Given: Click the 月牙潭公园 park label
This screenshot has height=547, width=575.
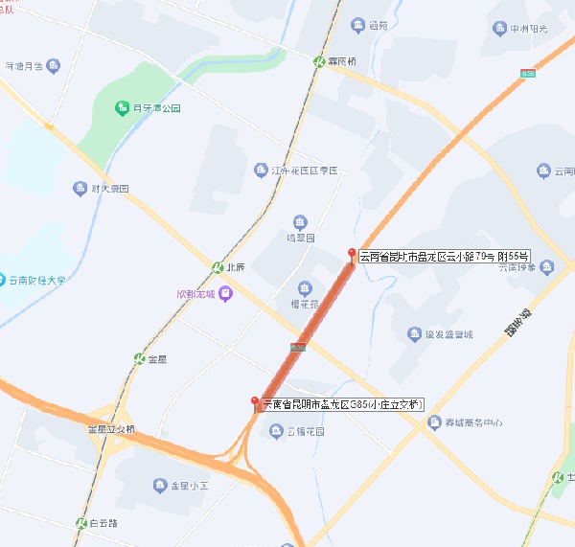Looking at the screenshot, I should pyautogui.click(x=157, y=108).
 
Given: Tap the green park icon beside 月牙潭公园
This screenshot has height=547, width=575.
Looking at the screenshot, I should pyautogui.click(x=122, y=107).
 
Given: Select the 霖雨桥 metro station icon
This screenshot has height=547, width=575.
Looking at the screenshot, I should pyautogui.click(x=320, y=60).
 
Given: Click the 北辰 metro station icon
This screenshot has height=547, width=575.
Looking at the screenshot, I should pyautogui.click(x=218, y=266).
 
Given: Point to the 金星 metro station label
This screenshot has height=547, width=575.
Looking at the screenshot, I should pyautogui.click(x=157, y=359).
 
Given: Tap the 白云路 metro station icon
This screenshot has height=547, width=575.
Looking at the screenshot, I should pyautogui.click(x=81, y=523).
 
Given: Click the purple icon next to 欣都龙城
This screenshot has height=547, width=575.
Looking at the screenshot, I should pyautogui.click(x=225, y=293).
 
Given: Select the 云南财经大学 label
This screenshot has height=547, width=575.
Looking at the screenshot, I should pyautogui.click(x=37, y=281).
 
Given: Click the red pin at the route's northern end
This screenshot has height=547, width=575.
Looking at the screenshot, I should pyautogui.click(x=351, y=253).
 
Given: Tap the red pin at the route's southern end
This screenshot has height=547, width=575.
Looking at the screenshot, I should pyautogui.click(x=254, y=401).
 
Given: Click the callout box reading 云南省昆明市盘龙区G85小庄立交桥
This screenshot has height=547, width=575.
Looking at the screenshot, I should pyautogui.click(x=342, y=405).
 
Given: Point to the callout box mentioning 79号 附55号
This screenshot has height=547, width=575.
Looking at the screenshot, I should pyautogui.click(x=444, y=257).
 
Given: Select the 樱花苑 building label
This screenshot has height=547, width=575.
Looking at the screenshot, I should pyautogui.click(x=304, y=304).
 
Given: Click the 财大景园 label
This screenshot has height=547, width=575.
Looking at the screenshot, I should pyautogui.click(x=110, y=189).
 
